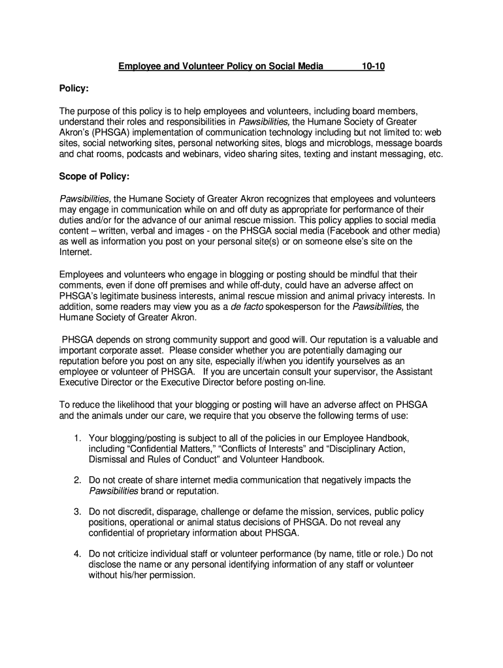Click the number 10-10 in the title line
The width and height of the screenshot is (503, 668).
(373, 66)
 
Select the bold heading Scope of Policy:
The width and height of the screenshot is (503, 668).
(94, 176)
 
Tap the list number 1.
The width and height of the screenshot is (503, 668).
(77, 438)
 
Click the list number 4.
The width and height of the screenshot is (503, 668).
(77, 554)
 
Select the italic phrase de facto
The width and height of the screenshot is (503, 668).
(247, 307)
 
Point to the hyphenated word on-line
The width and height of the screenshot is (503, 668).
(308, 383)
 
